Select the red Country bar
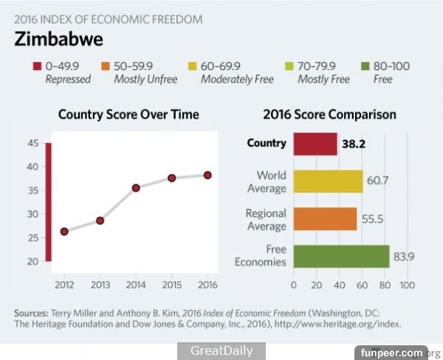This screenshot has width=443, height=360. click(x=315, y=144)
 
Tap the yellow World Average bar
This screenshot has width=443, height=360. click(x=328, y=181)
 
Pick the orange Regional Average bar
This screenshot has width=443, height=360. click(x=325, y=219)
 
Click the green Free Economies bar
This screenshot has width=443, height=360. click(x=341, y=257)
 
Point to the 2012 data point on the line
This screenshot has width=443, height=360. click(x=64, y=232)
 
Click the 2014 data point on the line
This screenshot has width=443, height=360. click(x=136, y=187)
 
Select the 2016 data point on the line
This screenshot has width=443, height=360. click(x=207, y=175)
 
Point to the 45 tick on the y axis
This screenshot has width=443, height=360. click(x=33, y=143)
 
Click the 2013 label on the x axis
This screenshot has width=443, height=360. click(x=100, y=284)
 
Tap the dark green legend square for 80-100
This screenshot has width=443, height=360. click(x=363, y=66)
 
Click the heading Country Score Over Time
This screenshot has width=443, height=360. click(x=128, y=114)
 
